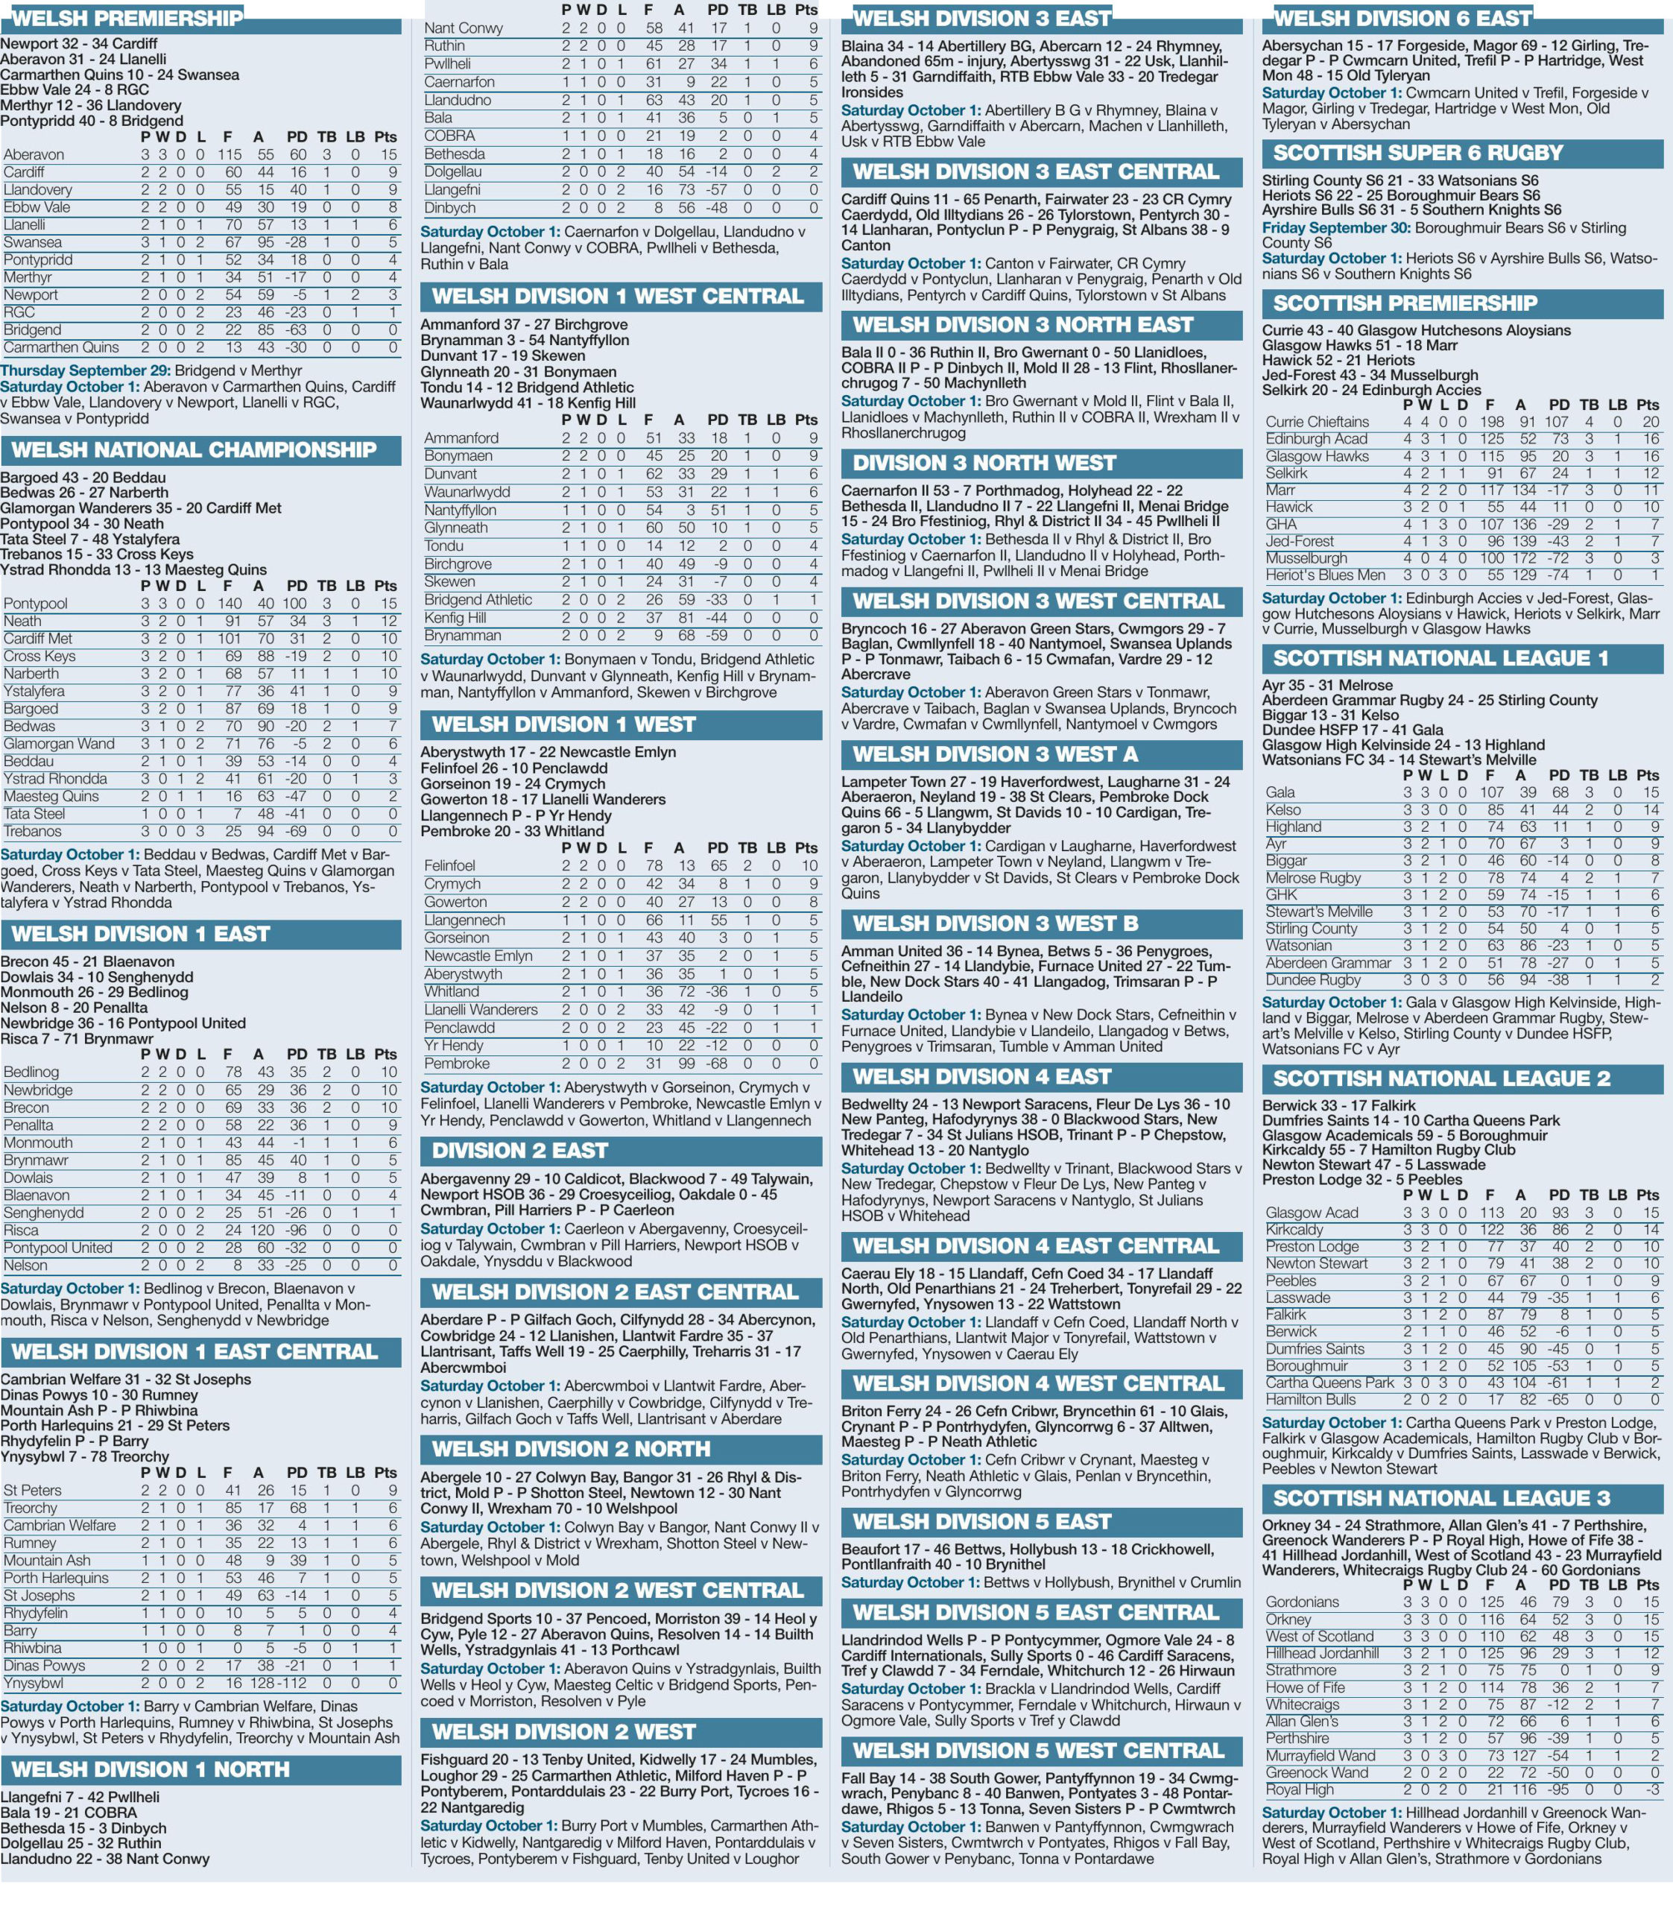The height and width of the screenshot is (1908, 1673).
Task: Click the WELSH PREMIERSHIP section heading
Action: tap(126, 18)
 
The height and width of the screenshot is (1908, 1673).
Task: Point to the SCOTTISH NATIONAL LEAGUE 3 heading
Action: tap(1440, 1498)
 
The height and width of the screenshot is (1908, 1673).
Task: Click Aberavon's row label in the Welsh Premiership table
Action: tap(34, 155)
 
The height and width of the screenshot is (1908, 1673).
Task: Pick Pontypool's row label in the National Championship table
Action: tap(36, 604)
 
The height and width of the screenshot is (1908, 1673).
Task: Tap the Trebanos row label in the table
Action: tap(33, 831)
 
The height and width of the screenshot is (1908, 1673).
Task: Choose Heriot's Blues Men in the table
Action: tap(1325, 575)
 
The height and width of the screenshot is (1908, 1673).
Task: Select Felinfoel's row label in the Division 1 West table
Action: tap(449, 866)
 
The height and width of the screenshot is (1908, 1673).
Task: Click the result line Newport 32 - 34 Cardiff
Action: tap(79, 44)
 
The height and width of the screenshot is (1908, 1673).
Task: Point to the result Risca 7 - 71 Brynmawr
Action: tap(77, 1039)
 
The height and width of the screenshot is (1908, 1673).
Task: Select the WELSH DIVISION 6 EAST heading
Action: tap(1402, 18)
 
